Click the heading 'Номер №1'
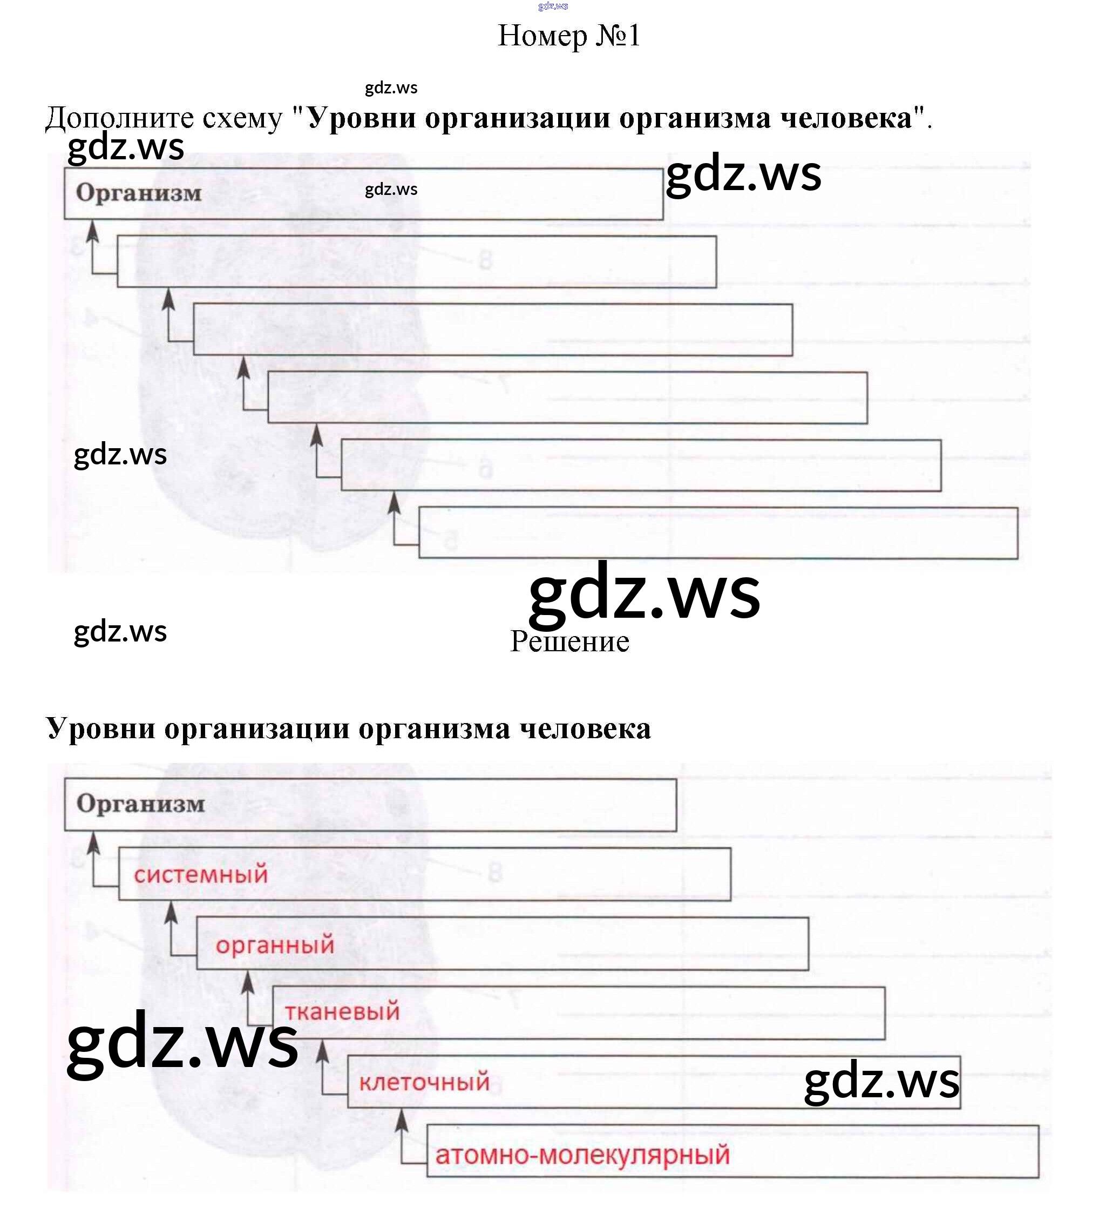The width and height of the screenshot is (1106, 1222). (568, 36)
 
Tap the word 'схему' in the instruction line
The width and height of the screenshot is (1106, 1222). (242, 118)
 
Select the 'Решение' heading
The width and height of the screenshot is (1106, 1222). (569, 642)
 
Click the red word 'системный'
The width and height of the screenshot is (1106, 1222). (201, 875)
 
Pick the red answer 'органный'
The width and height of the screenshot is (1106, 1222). (275, 944)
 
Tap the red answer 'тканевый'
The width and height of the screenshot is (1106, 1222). (342, 1011)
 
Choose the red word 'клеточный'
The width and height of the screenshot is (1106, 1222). (424, 1082)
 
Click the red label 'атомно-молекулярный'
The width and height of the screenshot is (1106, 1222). (582, 1155)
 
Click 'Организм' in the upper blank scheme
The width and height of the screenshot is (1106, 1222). (139, 193)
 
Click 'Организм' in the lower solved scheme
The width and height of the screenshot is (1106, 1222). (140, 805)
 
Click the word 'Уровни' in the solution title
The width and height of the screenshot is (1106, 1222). (100, 728)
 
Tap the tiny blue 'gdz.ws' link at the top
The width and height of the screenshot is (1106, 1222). (553, 6)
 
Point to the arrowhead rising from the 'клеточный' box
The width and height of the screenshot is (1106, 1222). (323, 1050)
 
